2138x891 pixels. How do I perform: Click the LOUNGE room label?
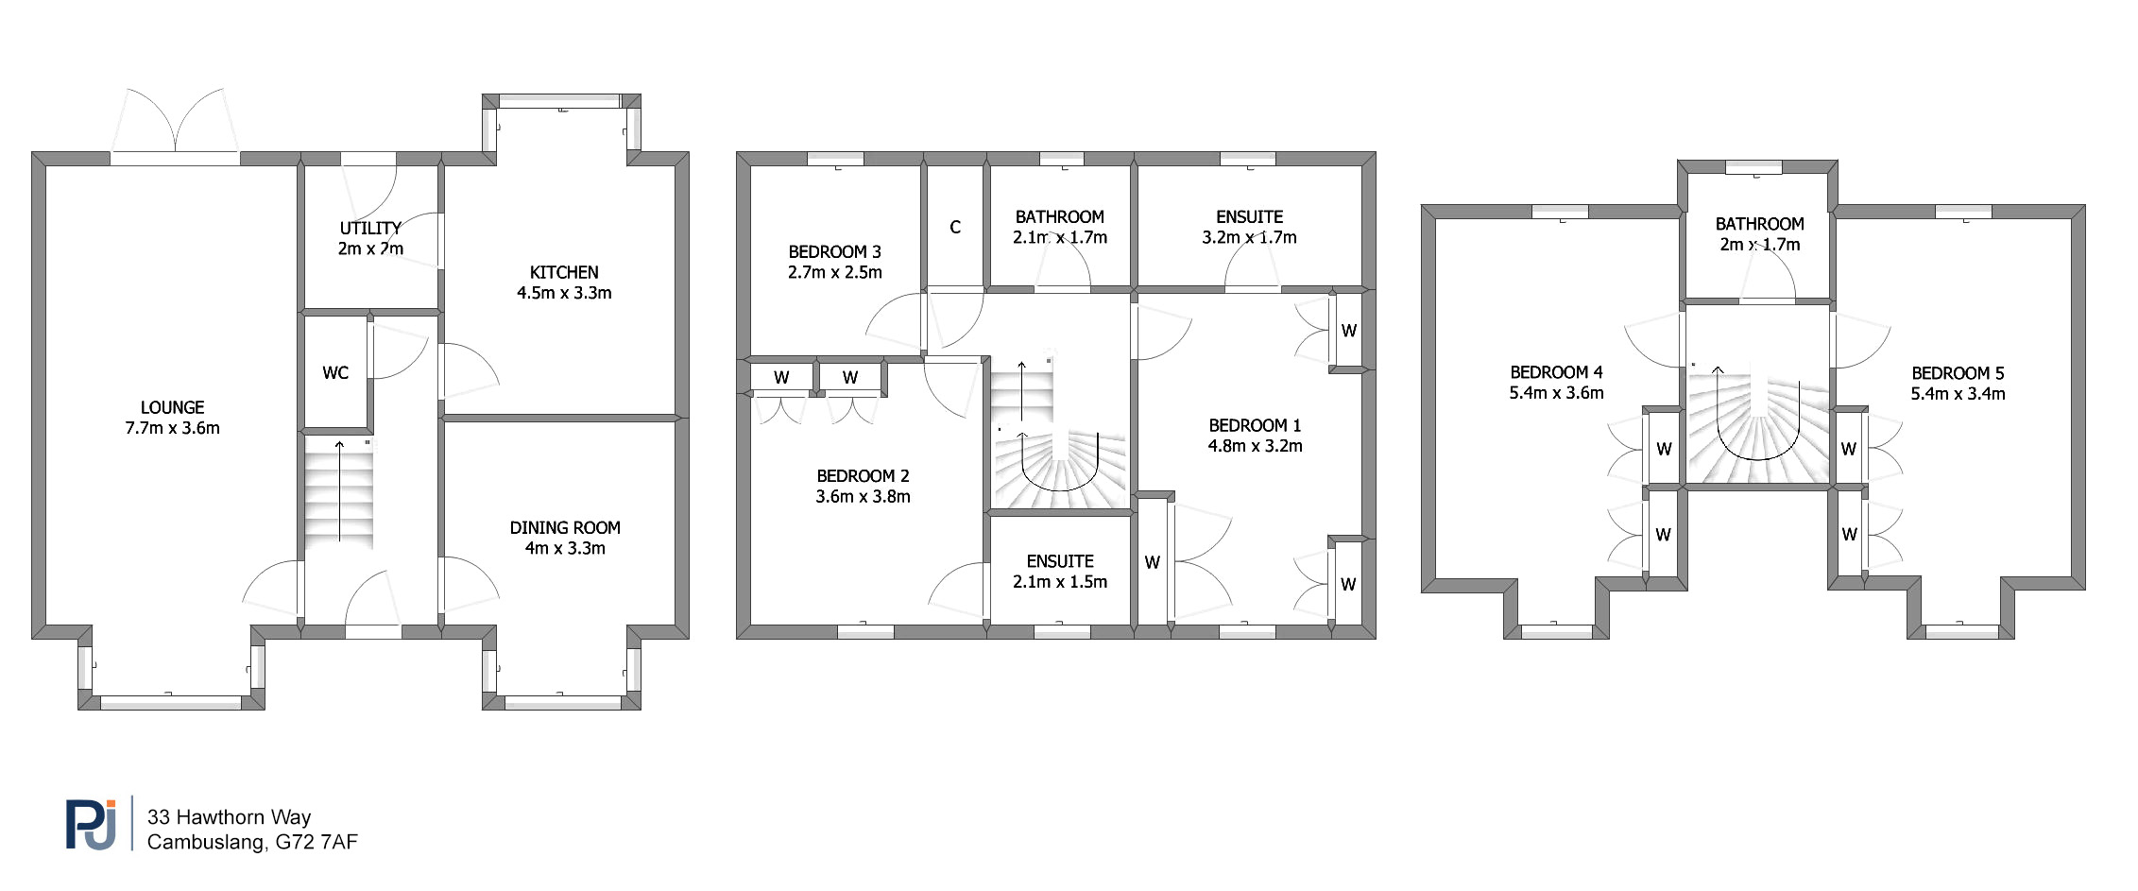172,407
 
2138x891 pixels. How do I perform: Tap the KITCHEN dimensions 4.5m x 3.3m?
564,293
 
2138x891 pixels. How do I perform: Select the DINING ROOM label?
565,527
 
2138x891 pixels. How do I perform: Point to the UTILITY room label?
370,228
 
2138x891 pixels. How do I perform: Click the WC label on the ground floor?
335,372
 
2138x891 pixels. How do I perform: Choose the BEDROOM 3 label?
834,251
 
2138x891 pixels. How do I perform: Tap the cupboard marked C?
955,227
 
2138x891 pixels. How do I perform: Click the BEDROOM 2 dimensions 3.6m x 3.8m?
863,496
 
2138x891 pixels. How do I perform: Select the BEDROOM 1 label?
1255,425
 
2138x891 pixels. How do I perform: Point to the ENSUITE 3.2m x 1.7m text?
1249,227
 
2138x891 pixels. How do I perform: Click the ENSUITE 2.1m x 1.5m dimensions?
1060,582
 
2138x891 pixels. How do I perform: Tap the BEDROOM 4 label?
1556,372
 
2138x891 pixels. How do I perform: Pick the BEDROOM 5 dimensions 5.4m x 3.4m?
1958,394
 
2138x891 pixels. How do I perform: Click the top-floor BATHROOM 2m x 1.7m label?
1759,234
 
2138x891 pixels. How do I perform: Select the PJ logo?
92,824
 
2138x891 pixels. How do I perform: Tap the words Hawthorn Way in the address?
244,817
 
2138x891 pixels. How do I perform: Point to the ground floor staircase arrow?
339,490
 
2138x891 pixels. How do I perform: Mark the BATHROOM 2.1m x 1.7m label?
1060,227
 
